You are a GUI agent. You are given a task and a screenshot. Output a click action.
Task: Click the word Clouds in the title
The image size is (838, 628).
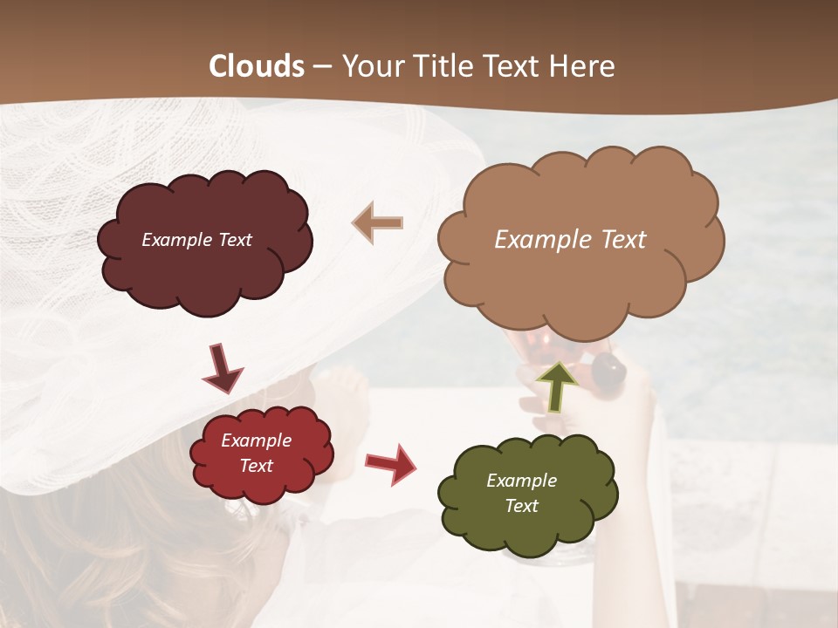[x=257, y=66]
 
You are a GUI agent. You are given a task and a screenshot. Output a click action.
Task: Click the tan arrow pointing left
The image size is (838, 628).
[x=378, y=223]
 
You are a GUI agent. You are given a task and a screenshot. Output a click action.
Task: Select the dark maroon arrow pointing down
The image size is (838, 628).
[x=222, y=367]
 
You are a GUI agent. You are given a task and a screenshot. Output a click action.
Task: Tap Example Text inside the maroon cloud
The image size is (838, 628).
[x=196, y=240]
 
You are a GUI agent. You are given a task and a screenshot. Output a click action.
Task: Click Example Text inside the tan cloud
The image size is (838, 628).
[x=570, y=240]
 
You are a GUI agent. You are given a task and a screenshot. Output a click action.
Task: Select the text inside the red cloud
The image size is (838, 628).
[x=256, y=454]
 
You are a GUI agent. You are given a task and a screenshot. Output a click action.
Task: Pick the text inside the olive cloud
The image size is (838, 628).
[x=521, y=493]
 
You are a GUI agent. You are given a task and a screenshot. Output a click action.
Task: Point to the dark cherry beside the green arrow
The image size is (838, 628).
[x=608, y=372]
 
